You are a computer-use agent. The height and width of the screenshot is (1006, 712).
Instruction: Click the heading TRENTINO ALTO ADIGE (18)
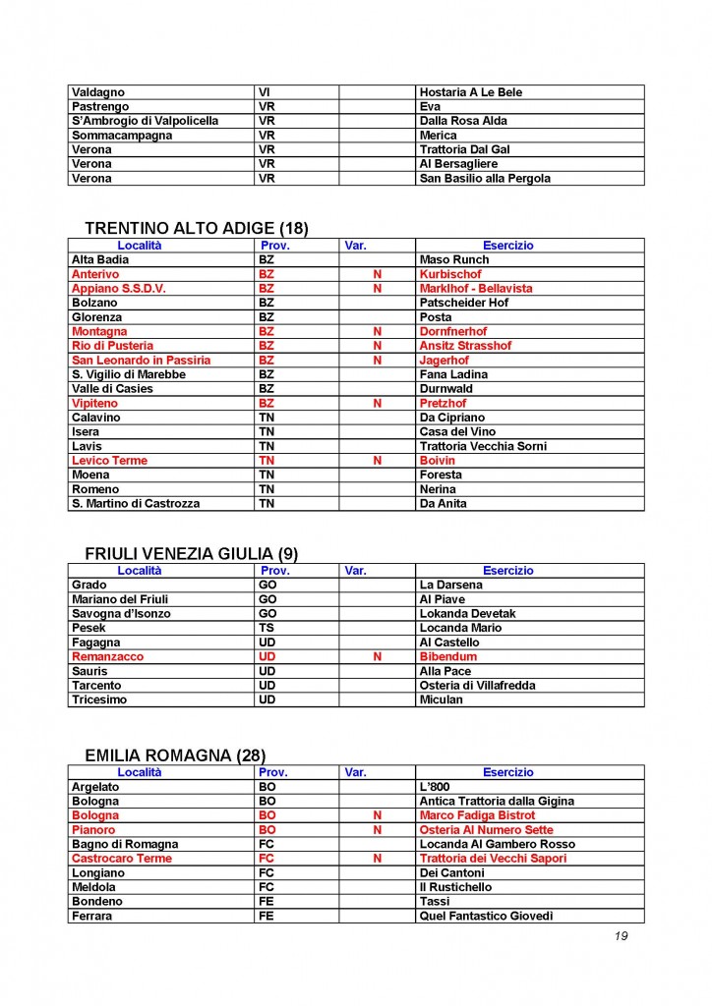coord(197,228)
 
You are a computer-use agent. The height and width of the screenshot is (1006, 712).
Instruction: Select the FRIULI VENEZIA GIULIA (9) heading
coord(191,553)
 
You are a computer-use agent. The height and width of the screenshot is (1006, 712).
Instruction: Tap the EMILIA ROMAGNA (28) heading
coord(175,755)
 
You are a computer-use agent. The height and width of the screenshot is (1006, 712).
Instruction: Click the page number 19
coord(621,935)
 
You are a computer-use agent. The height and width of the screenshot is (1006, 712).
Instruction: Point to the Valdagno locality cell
coord(98,92)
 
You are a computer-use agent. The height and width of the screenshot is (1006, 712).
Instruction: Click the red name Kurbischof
coord(450,274)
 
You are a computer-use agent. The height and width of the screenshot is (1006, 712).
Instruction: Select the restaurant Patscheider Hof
coord(463,303)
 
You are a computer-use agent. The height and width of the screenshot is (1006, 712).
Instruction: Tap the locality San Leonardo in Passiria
coord(142,361)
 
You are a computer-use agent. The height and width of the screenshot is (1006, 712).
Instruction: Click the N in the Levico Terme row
coord(377,461)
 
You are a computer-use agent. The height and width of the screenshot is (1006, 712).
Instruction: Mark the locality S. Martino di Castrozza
coord(136,504)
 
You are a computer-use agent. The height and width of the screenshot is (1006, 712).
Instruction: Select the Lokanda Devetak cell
coord(467,614)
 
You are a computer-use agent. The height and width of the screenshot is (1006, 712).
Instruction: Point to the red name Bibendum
coord(447,656)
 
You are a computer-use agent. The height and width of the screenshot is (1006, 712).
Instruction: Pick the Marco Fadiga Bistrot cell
coord(477,815)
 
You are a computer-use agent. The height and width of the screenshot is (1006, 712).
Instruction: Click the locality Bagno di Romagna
coord(125,844)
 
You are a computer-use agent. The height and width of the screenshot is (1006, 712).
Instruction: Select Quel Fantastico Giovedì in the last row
coord(486,917)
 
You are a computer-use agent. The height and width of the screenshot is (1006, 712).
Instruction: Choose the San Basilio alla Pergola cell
coord(485,179)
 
